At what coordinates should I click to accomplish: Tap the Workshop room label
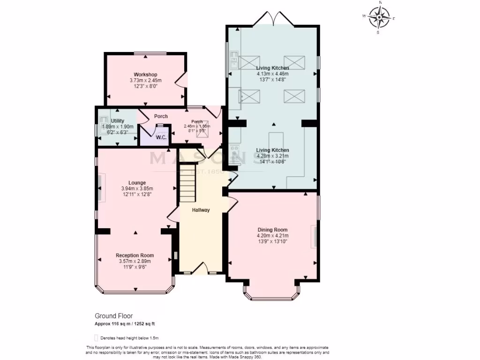point(145,75)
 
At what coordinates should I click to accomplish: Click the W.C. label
point(149,137)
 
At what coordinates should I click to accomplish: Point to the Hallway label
point(201,210)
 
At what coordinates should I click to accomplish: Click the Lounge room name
point(137,183)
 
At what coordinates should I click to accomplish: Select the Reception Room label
point(135,255)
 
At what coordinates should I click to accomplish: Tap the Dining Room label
point(272,230)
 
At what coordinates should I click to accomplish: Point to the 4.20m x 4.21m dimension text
point(272,236)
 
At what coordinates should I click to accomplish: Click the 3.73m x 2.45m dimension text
point(145,81)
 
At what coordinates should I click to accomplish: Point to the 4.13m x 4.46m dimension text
point(272,74)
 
